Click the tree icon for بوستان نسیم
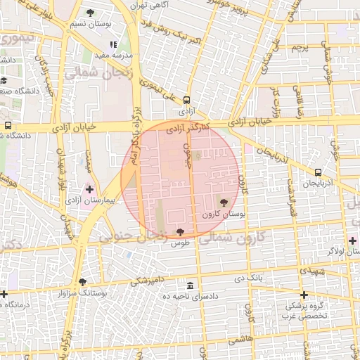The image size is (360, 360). [91, 13]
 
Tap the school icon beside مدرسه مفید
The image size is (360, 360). [113, 45]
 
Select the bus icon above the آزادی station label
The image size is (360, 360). [186, 101]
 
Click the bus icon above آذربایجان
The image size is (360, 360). [319, 172]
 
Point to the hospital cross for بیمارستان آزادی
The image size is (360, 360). [89, 188]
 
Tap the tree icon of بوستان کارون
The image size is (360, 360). [224, 202]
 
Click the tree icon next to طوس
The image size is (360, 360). [181, 231]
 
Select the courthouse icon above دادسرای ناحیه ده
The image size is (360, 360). [191, 285]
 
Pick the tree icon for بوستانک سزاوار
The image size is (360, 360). [83, 281]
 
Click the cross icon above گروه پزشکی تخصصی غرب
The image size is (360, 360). [304, 295]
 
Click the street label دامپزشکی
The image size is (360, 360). [148, 279]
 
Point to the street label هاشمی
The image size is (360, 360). [240, 339]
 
